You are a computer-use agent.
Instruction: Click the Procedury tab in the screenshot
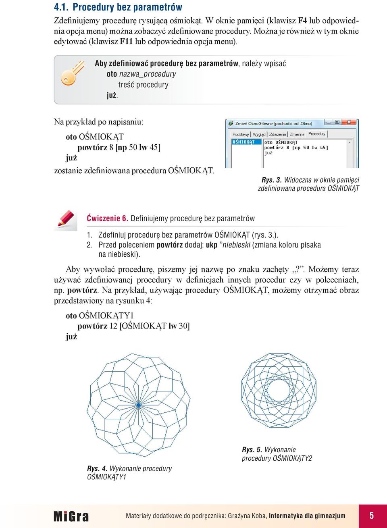[317, 134]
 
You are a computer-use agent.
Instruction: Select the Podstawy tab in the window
[241, 134]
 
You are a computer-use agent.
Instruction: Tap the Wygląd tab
[259, 134]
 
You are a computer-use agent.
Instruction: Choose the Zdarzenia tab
[277, 134]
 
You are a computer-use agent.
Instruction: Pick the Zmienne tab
[297, 134]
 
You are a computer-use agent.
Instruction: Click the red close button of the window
[349, 122]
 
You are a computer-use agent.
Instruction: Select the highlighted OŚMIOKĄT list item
[243, 142]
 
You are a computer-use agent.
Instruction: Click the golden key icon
[72, 73]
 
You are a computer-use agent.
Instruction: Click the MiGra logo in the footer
[71, 516]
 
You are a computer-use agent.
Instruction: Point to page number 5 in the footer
[372, 516]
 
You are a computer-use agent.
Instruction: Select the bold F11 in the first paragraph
[127, 41]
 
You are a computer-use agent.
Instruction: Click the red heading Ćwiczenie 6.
[107, 218]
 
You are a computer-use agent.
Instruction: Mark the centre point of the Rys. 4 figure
[138, 405]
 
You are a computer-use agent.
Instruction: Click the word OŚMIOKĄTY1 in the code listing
[106, 316]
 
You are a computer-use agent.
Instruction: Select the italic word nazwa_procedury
[148, 74]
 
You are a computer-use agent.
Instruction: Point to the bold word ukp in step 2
[212, 245]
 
